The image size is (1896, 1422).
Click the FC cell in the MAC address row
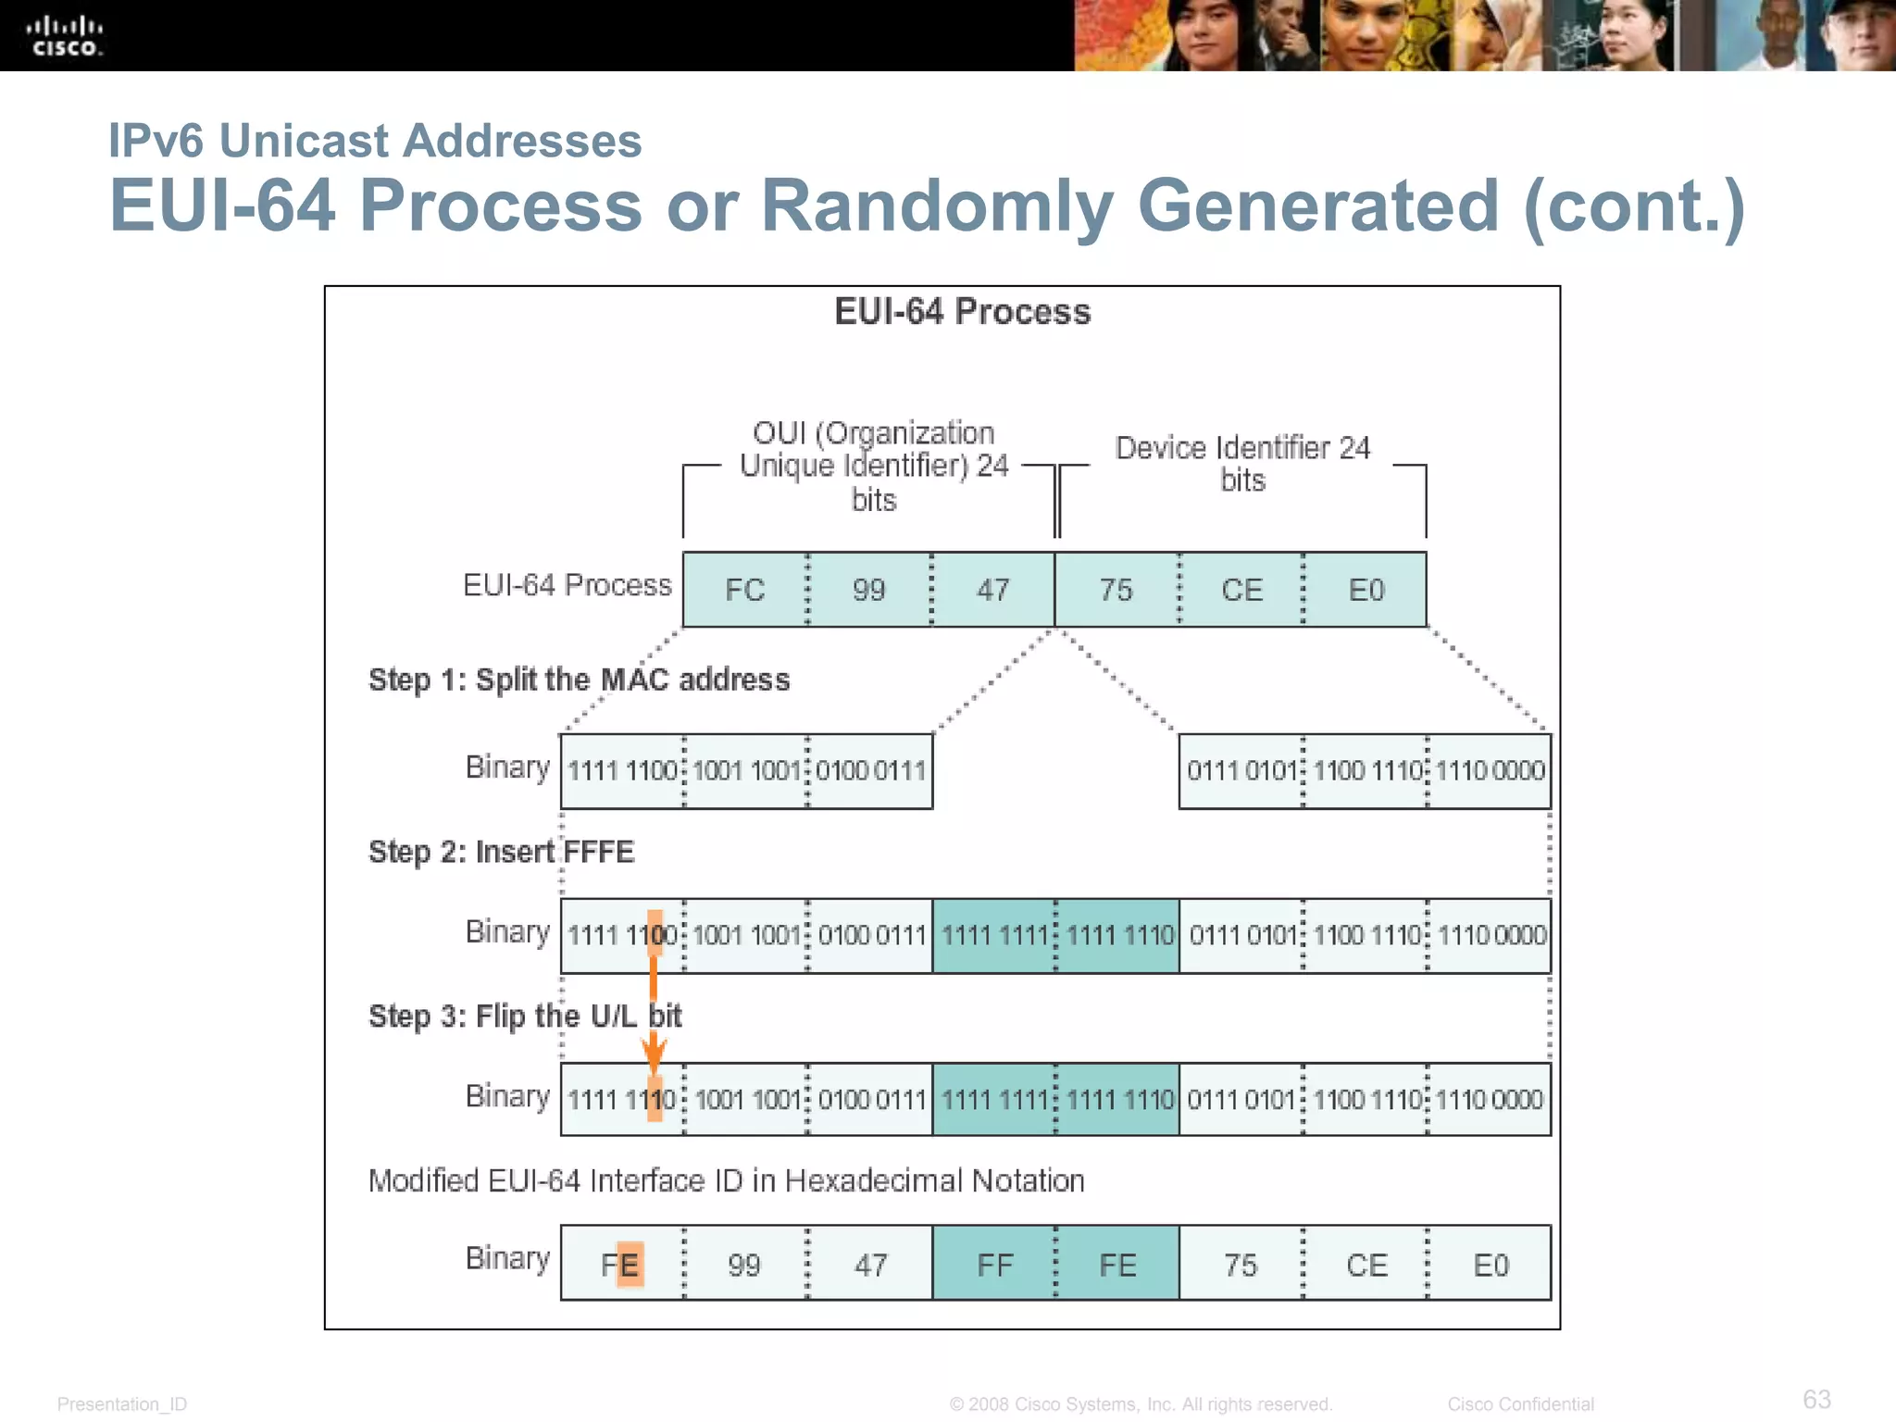click(744, 590)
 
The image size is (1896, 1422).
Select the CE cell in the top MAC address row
click(1241, 590)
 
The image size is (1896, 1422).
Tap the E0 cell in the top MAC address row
click(1366, 590)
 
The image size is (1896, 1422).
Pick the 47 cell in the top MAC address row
click(992, 590)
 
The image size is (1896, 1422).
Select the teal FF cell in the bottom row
click(994, 1265)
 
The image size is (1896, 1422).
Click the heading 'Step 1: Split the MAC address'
click(579, 680)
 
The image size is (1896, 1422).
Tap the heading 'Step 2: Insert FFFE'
click(501, 852)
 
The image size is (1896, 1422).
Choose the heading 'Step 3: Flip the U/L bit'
click(524, 1017)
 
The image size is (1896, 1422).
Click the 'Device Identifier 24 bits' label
click(1242, 464)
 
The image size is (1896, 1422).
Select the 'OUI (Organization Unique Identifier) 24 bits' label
click(873, 466)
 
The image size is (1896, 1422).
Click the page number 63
click(1816, 1399)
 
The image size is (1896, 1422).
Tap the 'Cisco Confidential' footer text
click(1520, 1404)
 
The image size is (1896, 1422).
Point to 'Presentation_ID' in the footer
click(122, 1404)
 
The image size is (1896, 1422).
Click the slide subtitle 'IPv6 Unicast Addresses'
click(375, 141)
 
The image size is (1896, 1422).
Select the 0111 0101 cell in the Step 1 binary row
click(1241, 770)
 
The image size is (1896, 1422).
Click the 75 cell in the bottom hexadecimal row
click(1241, 1265)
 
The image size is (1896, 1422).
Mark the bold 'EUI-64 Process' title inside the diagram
click(962, 312)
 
